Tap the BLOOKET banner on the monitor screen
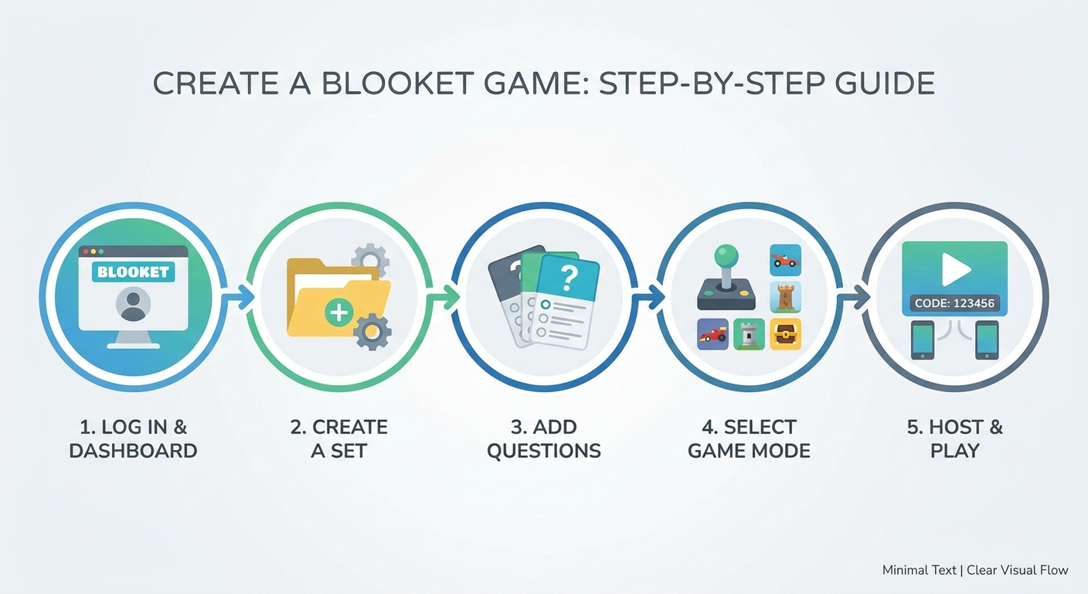(x=133, y=271)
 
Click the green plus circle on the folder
(x=339, y=312)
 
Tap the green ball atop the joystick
(x=726, y=255)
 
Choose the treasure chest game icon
(x=785, y=334)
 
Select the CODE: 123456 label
(x=955, y=303)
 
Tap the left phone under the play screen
(x=922, y=340)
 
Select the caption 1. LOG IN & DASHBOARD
(x=133, y=439)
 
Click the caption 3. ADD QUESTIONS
(x=544, y=439)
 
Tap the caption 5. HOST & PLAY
(x=955, y=439)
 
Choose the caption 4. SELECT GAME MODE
(x=749, y=439)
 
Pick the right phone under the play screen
(x=987, y=340)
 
